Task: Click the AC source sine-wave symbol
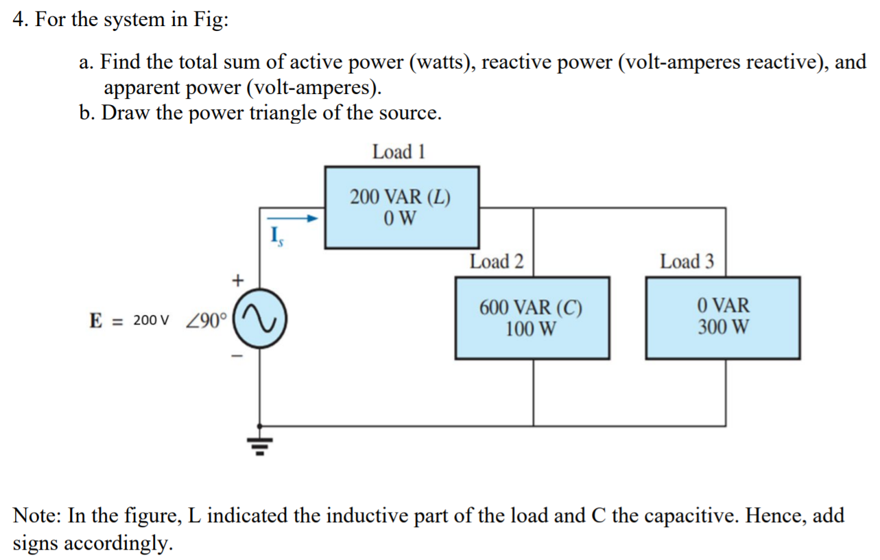[x=260, y=320]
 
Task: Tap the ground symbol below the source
[x=260, y=445]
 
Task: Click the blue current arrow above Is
[x=298, y=219]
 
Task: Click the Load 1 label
[x=399, y=152]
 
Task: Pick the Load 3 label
[x=687, y=261]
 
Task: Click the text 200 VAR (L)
[x=400, y=198]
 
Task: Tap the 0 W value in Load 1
[x=400, y=219]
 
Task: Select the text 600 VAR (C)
[x=531, y=307]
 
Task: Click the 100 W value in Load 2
[x=531, y=329]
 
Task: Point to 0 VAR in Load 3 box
[x=724, y=305]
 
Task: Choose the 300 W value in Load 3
[x=724, y=326]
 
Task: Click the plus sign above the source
[x=237, y=280]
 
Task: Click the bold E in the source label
[x=96, y=320]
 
